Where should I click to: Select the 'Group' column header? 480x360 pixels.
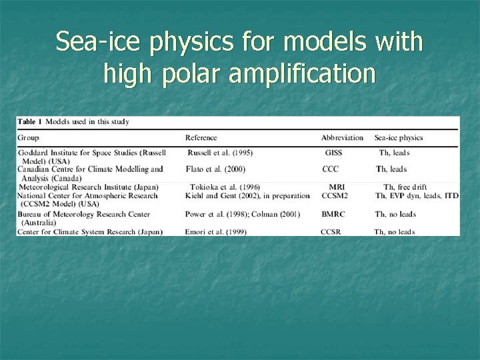(x=28, y=138)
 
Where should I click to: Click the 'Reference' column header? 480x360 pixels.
(x=201, y=138)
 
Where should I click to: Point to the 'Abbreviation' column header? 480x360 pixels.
(x=342, y=138)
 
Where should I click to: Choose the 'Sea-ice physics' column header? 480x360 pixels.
(x=399, y=138)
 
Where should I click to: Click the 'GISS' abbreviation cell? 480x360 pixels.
(x=333, y=153)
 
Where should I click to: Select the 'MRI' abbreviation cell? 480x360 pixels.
(x=337, y=187)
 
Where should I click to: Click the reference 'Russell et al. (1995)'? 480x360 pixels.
(x=219, y=153)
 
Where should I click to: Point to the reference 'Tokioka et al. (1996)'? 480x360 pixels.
(x=225, y=187)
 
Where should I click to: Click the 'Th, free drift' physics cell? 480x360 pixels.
(x=405, y=187)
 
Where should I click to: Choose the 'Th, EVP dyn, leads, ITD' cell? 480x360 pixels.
(x=417, y=196)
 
